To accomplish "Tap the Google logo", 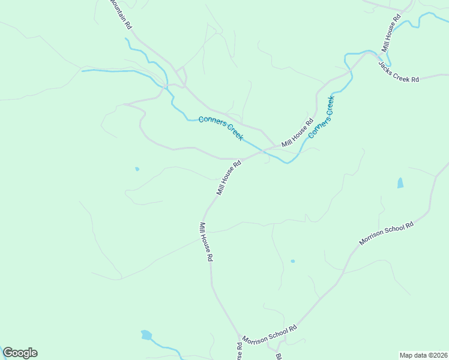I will tap(20, 353).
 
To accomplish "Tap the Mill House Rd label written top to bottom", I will tap(207, 241).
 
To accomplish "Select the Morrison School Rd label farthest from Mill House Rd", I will tap(387, 233).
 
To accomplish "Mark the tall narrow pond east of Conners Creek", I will tap(400, 183).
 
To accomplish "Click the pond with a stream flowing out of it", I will tap(146, 335).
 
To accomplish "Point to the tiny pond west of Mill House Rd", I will tap(137, 169).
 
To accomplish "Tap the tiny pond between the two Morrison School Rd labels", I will tap(292, 261).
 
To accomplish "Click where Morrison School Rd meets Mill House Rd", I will tap(241, 337).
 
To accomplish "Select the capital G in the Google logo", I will tap(8, 353).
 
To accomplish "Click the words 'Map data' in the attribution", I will tap(413, 355).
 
